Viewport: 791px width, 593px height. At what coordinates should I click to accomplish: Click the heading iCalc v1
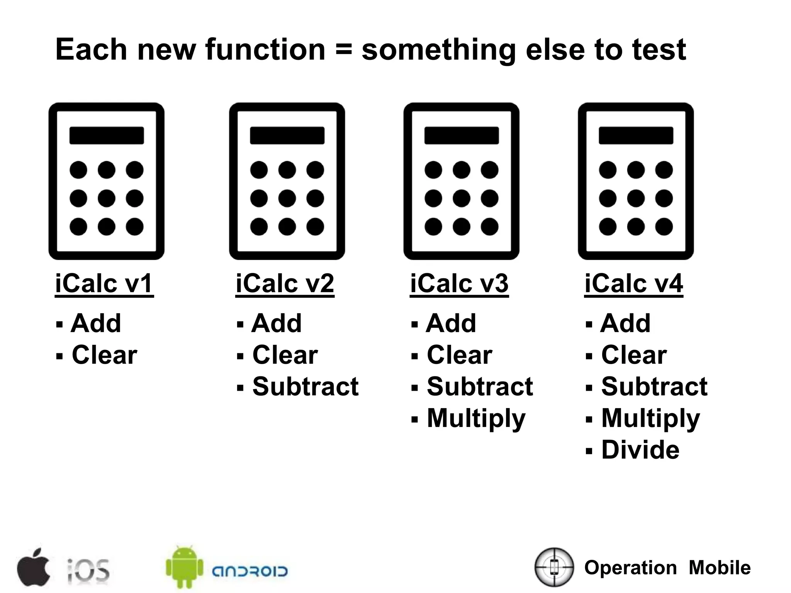[104, 283]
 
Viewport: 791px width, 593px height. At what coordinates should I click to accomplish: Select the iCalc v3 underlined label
[459, 283]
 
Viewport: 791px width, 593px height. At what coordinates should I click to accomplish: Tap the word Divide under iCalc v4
[640, 450]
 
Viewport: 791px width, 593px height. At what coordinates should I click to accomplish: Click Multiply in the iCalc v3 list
[476, 418]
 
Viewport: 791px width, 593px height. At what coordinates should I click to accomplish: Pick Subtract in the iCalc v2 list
[305, 386]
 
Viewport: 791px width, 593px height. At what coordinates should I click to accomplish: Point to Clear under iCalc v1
[104, 355]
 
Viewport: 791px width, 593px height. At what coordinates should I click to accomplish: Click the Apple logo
[34, 567]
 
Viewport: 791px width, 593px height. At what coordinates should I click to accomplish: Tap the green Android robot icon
[184, 567]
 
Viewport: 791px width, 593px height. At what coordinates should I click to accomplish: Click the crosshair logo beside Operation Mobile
[554, 567]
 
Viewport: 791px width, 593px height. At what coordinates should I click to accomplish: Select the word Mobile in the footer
[720, 568]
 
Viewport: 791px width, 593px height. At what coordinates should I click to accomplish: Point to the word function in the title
[265, 49]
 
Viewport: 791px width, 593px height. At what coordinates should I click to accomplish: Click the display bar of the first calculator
[107, 136]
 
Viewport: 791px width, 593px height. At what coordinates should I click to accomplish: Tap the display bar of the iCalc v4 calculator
[636, 136]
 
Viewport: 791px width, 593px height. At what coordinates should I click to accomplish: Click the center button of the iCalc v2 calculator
[287, 198]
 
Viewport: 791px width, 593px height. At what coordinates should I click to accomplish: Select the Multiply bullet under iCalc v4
[650, 418]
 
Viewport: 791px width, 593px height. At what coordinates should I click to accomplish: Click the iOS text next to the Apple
[88, 570]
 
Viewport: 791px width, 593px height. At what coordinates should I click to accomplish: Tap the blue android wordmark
[250, 571]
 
